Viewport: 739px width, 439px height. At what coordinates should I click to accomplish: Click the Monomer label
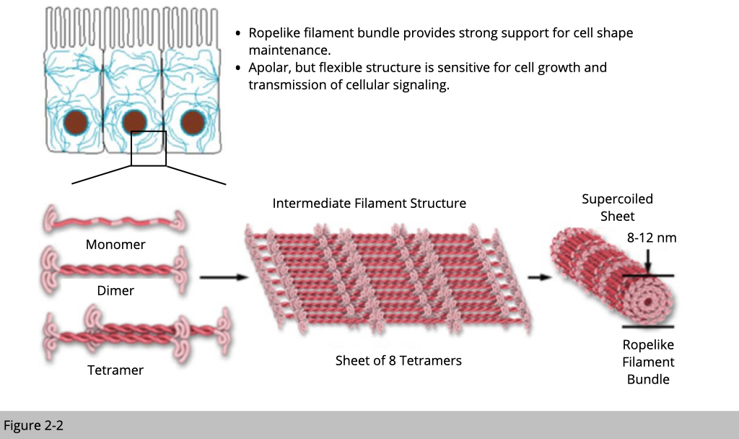coord(115,245)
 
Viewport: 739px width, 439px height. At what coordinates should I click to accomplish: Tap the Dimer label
coord(115,291)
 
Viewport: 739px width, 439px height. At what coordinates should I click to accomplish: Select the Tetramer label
coord(115,370)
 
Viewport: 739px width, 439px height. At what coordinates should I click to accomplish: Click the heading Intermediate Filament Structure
coord(369,204)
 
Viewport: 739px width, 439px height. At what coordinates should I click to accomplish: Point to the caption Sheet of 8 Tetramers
coord(398,360)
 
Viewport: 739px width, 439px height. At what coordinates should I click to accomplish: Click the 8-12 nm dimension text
coord(652,238)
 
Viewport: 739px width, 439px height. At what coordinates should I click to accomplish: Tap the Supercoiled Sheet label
coord(617,207)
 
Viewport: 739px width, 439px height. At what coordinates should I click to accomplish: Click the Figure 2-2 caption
coord(34,425)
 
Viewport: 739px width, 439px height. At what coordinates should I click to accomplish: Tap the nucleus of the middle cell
coord(134,123)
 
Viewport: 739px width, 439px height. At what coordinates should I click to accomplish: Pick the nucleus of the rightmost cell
coord(193,123)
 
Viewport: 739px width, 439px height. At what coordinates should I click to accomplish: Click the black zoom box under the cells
coord(149,148)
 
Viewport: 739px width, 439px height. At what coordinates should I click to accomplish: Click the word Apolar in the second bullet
coord(270,68)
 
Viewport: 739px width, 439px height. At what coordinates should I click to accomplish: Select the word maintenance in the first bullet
coord(289,51)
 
